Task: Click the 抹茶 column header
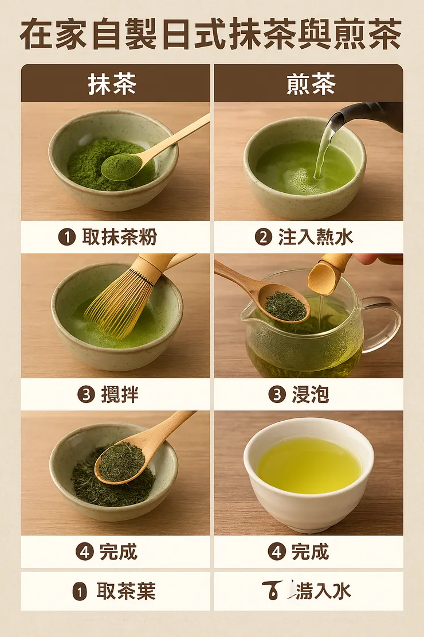[x=112, y=84]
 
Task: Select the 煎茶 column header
[x=309, y=84]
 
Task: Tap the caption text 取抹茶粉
[x=119, y=237]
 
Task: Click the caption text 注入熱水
[x=316, y=237]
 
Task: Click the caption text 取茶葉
[x=125, y=591]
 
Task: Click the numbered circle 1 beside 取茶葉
[x=80, y=592]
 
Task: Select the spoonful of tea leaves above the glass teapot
[x=286, y=305]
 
